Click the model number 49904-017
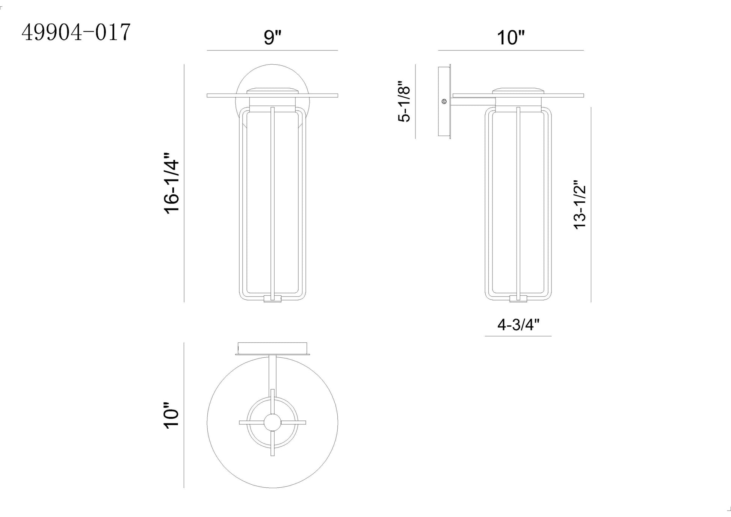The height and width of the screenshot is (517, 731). [x=76, y=32]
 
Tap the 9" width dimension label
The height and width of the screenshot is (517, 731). [x=272, y=37]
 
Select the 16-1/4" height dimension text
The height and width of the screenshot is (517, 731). [x=172, y=183]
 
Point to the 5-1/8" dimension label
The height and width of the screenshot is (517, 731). [x=404, y=101]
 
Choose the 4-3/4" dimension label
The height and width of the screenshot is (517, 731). [x=518, y=325]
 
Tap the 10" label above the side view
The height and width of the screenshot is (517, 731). [x=510, y=38]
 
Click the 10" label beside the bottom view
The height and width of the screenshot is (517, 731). [x=172, y=415]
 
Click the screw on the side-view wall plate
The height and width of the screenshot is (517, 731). [x=444, y=101]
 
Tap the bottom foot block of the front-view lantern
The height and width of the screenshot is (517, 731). [x=272, y=299]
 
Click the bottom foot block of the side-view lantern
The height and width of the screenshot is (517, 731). [x=518, y=299]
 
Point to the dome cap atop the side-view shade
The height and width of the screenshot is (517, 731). [x=518, y=91]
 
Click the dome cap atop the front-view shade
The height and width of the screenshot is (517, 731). [x=272, y=91]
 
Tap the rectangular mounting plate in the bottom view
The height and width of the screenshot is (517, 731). [x=272, y=347]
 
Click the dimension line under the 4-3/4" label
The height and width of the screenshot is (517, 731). [x=518, y=336]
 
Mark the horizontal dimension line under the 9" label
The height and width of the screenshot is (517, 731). [x=272, y=50]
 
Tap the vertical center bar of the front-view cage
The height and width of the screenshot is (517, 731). [x=273, y=203]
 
